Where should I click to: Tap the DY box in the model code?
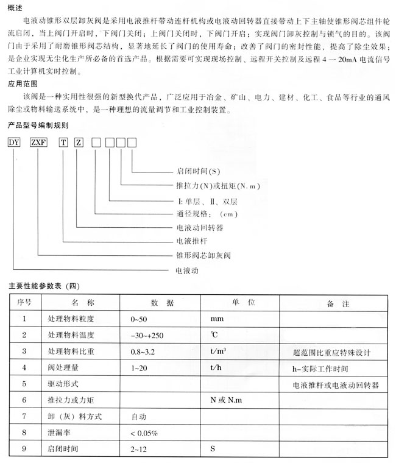click(14, 143)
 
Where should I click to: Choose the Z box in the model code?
click(78, 143)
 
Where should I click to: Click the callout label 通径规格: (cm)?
click(205, 213)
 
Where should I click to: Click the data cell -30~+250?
click(147, 336)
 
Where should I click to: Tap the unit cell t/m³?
click(219, 352)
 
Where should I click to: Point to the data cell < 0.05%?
click(144, 434)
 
